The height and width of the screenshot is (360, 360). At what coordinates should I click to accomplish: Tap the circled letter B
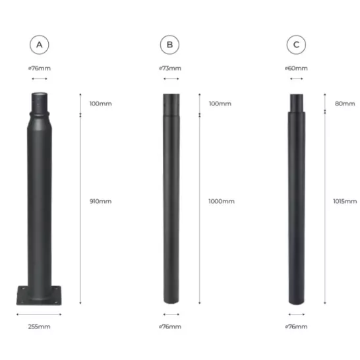(169, 45)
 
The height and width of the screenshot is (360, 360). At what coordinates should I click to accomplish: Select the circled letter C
(296, 45)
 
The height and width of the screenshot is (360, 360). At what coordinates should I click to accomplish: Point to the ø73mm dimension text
(169, 68)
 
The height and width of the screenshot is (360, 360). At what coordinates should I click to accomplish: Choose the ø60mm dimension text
(296, 68)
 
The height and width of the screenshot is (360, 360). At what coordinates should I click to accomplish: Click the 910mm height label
(100, 201)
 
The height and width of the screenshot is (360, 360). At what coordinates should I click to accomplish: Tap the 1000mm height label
(221, 201)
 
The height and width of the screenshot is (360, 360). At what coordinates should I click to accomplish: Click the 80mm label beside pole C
(344, 104)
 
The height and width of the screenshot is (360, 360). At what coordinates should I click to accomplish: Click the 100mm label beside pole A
(100, 104)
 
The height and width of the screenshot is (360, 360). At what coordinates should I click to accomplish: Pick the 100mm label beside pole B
(220, 104)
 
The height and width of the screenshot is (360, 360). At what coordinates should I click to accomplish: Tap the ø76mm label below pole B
(169, 326)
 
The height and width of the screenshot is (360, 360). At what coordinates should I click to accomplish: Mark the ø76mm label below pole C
(296, 326)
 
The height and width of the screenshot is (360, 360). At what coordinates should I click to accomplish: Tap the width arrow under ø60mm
(296, 79)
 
